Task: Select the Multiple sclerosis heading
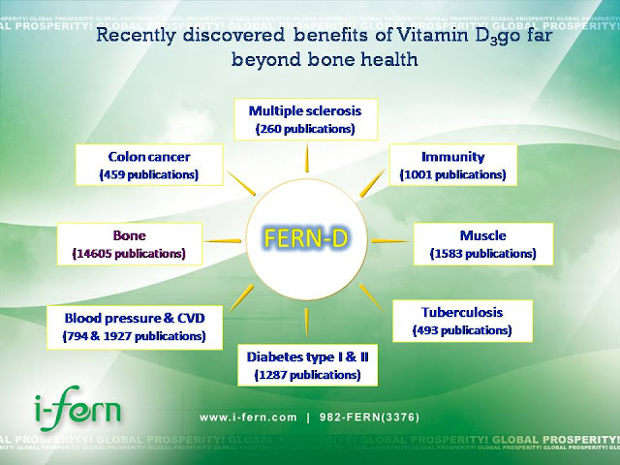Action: coord(305,110)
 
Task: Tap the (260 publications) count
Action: coord(305,129)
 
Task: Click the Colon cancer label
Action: coord(148,157)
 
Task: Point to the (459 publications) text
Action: coord(148,175)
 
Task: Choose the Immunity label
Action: coord(451,156)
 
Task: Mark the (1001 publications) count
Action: coord(451,175)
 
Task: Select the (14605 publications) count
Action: coord(128,254)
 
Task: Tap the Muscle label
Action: coord(482,234)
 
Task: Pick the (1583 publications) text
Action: coord(482,254)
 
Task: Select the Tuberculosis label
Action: coord(461,312)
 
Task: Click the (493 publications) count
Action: coord(461,330)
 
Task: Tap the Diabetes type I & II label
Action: coord(306,355)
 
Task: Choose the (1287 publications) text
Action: coord(306,373)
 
